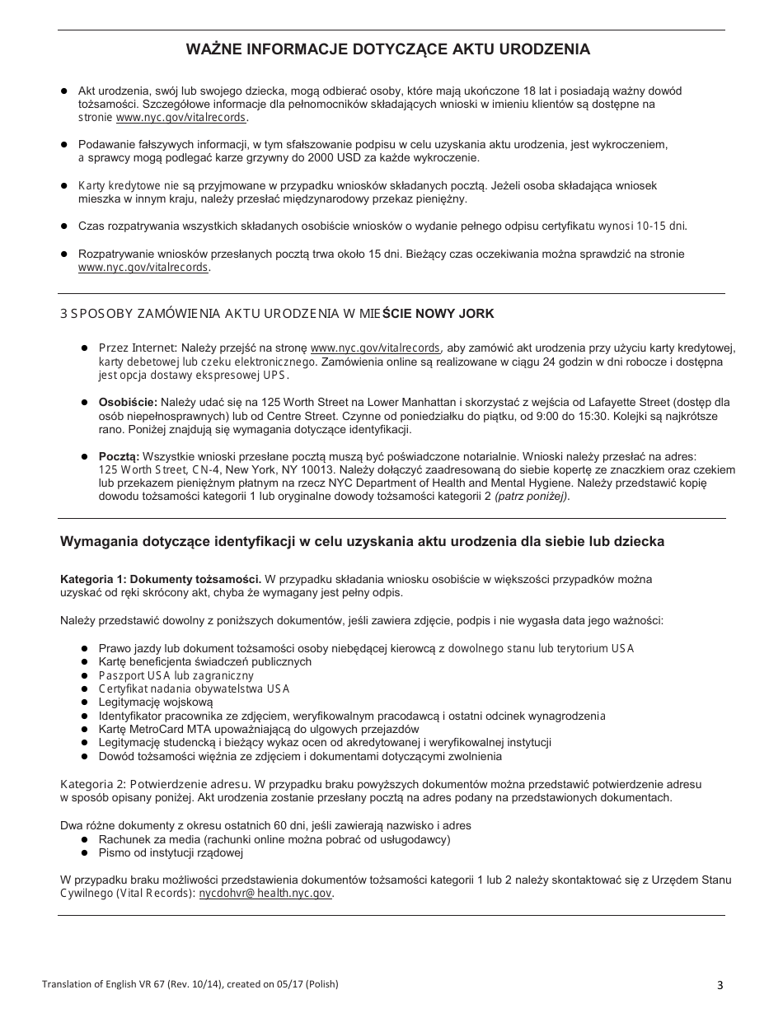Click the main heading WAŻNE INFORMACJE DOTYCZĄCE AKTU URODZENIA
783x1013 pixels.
tap(387, 49)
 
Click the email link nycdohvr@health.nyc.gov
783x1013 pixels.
tap(265, 894)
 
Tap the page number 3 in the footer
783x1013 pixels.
tap(720, 985)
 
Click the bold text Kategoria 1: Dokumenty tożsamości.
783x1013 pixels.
tap(161, 579)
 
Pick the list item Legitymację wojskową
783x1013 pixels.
tap(156, 702)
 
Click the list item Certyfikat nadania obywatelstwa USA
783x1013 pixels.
tap(194, 689)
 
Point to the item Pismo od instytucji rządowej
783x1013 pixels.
tap(171, 852)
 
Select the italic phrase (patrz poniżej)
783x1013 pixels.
tap(531, 497)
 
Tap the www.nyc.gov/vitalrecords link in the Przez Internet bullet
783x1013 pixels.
tap(375, 348)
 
